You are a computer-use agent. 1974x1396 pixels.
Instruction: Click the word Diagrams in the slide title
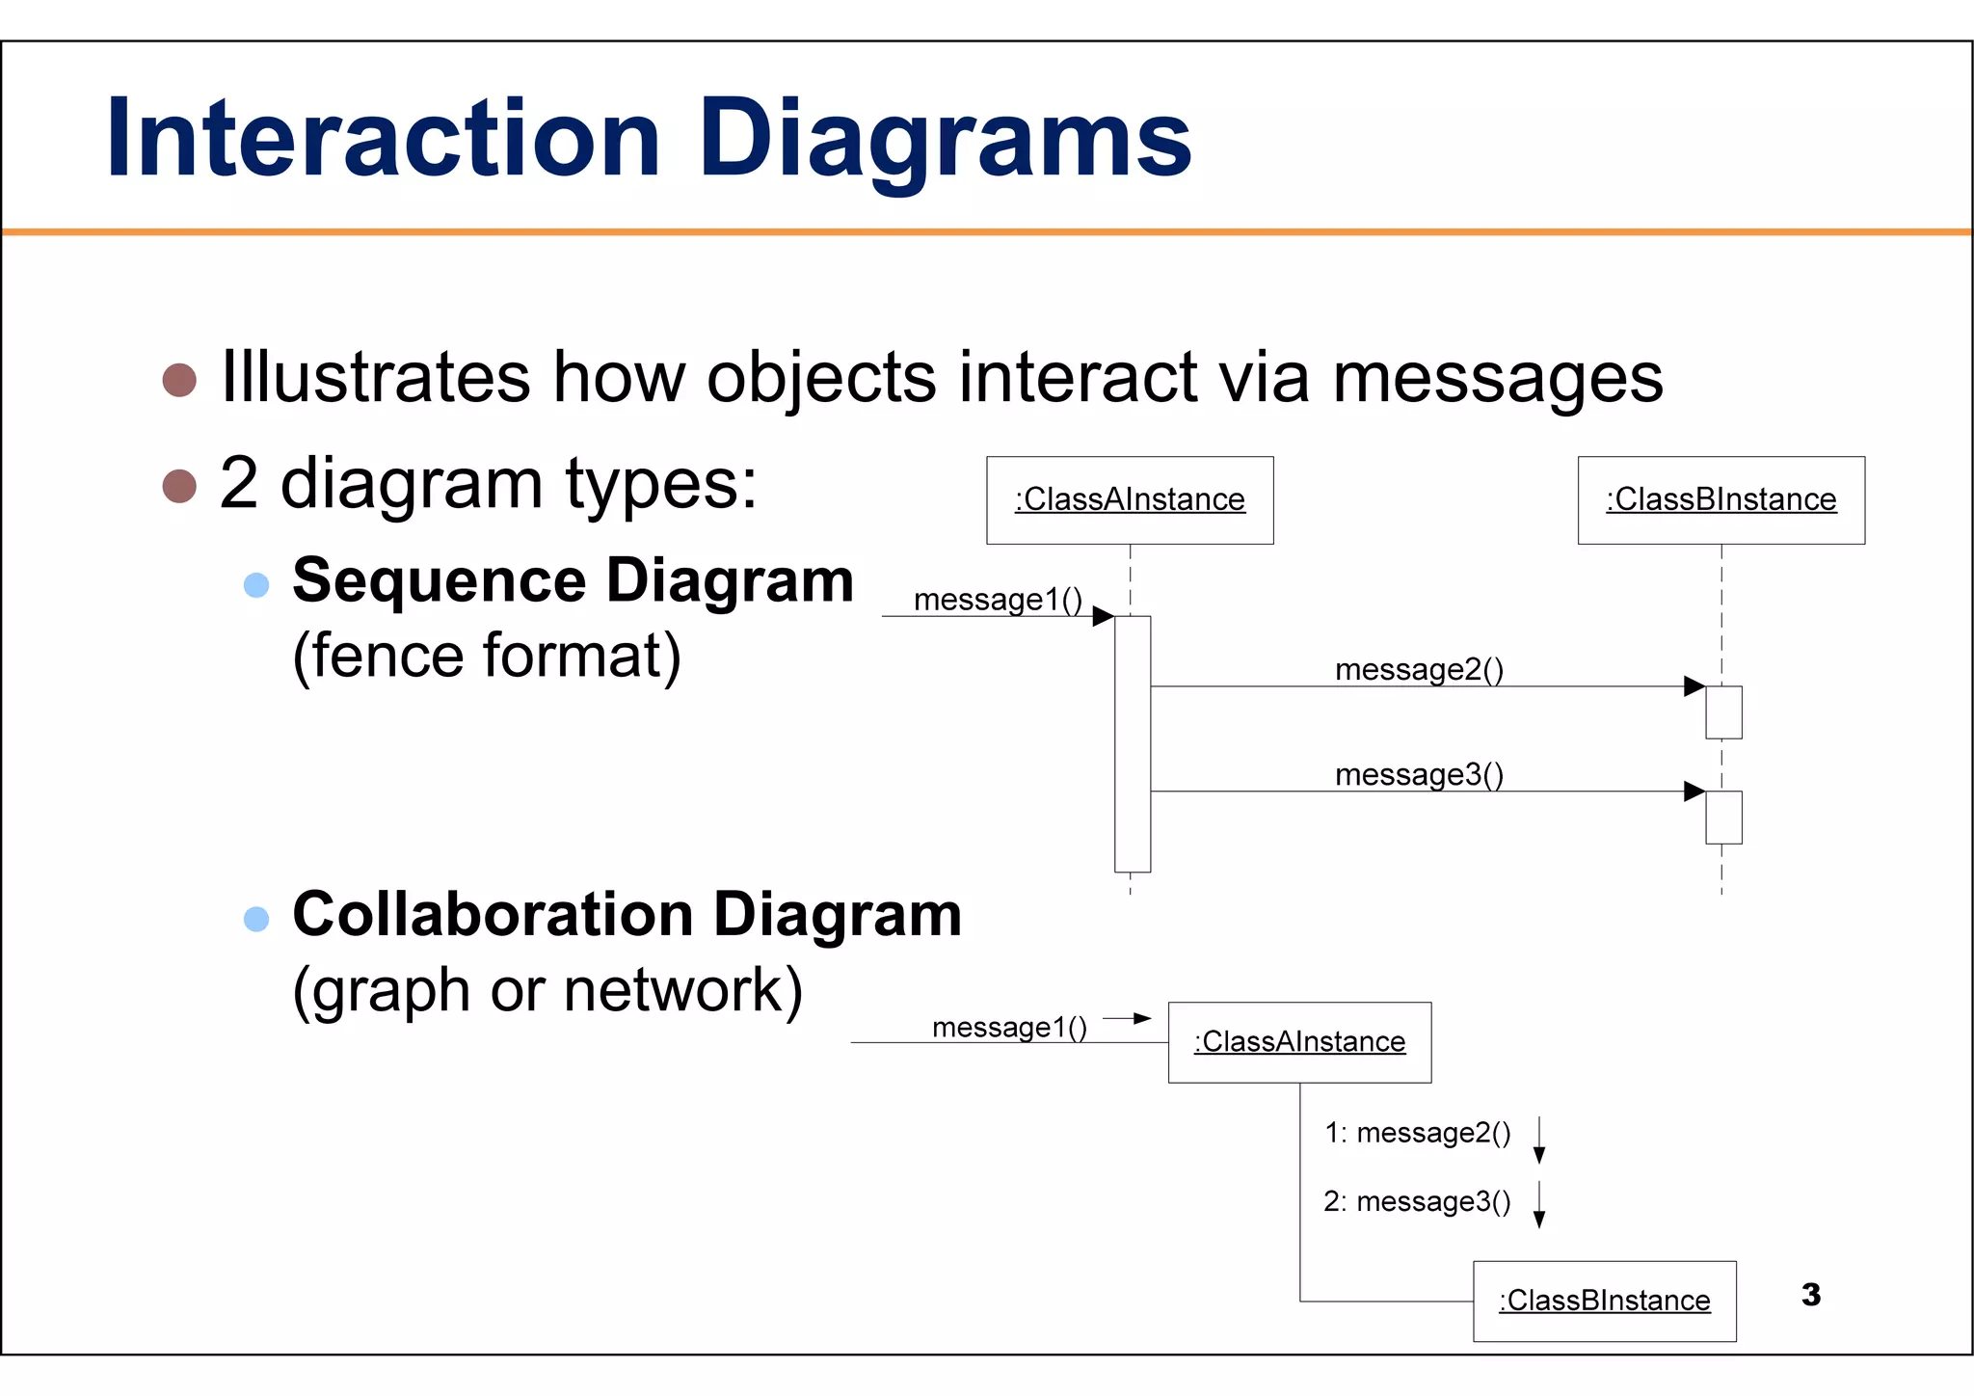click(x=945, y=140)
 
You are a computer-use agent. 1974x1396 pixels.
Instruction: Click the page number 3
click(x=1810, y=1294)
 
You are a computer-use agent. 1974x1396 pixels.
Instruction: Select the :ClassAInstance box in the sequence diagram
click(x=1130, y=499)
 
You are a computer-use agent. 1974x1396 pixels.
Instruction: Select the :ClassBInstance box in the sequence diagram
click(x=1721, y=499)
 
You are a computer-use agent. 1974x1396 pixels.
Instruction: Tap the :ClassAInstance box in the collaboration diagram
click(x=1299, y=1042)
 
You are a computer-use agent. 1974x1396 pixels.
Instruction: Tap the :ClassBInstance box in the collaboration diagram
click(x=1604, y=1301)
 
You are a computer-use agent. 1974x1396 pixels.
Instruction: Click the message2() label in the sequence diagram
click(x=1419, y=669)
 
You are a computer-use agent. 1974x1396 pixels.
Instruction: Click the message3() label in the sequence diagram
click(x=1419, y=774)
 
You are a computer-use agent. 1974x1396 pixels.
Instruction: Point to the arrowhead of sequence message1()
click(x=1104, y=616)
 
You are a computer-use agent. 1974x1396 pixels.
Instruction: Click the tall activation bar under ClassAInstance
click(x=1133, y=742)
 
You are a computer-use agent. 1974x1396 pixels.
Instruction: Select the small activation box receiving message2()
click(x=1723, y=711)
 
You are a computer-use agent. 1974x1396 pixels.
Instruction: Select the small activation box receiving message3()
click(x=1723, y=817)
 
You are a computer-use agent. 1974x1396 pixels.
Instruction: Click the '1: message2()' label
click(x=1417, y=1133)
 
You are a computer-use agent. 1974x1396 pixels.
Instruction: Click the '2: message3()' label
click(x=1417, y=1201)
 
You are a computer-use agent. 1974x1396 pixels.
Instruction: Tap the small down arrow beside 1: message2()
click(x=1539, y=1141)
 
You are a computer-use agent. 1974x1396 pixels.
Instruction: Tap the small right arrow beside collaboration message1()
click(x=1127, y=1018)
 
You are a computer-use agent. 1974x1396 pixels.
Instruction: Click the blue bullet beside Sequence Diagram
click(x=256, y=585)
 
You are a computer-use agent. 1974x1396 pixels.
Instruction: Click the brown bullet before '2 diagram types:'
click(x=179, y=485)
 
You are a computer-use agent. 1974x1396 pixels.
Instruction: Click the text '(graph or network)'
click(x=547, y=991)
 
